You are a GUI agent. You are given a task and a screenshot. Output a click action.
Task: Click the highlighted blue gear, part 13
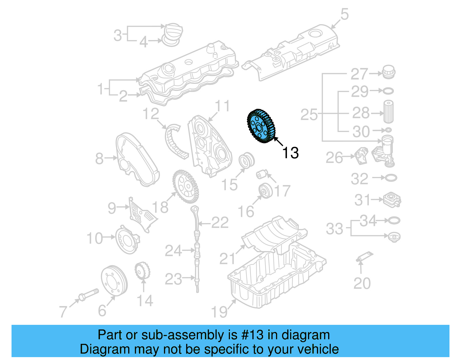261,126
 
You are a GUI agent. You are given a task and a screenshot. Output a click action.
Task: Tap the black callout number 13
290,153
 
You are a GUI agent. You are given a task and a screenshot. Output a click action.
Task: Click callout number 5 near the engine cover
344,14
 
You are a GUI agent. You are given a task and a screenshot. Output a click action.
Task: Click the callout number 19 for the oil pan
220,312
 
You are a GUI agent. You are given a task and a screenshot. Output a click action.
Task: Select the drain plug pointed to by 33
394,237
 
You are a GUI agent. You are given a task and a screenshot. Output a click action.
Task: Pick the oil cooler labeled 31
392,199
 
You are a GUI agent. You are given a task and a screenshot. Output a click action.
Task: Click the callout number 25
309,114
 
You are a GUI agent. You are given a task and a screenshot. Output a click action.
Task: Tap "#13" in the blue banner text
252,335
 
